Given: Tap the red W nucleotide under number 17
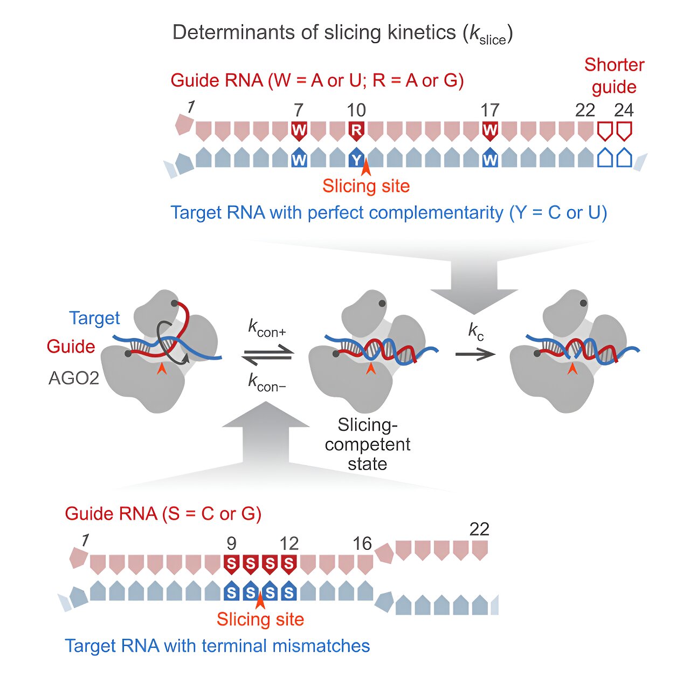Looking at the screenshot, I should click(x=489, y=130).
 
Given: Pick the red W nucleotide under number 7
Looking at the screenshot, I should click(x=299, y=130).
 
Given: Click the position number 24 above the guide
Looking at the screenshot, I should click(x=624, y=111).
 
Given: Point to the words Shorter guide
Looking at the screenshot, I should click(x=614, y=76).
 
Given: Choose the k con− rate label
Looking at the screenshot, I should click(x=267, y=383).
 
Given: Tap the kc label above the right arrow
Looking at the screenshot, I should click(x=475, y=332).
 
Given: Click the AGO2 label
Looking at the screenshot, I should click(x=74, y=378).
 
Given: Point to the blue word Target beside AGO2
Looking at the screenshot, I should click(x=94, y=318).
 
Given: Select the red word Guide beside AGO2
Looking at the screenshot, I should click(x=71, y=346).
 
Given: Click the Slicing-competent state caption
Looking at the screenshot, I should click(x=368, y=444).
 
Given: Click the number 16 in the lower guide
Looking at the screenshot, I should click(x=362, y=544).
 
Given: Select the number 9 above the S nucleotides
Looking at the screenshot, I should click(x=231, y=544).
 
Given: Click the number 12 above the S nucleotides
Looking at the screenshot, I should click(x=289, y=544).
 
